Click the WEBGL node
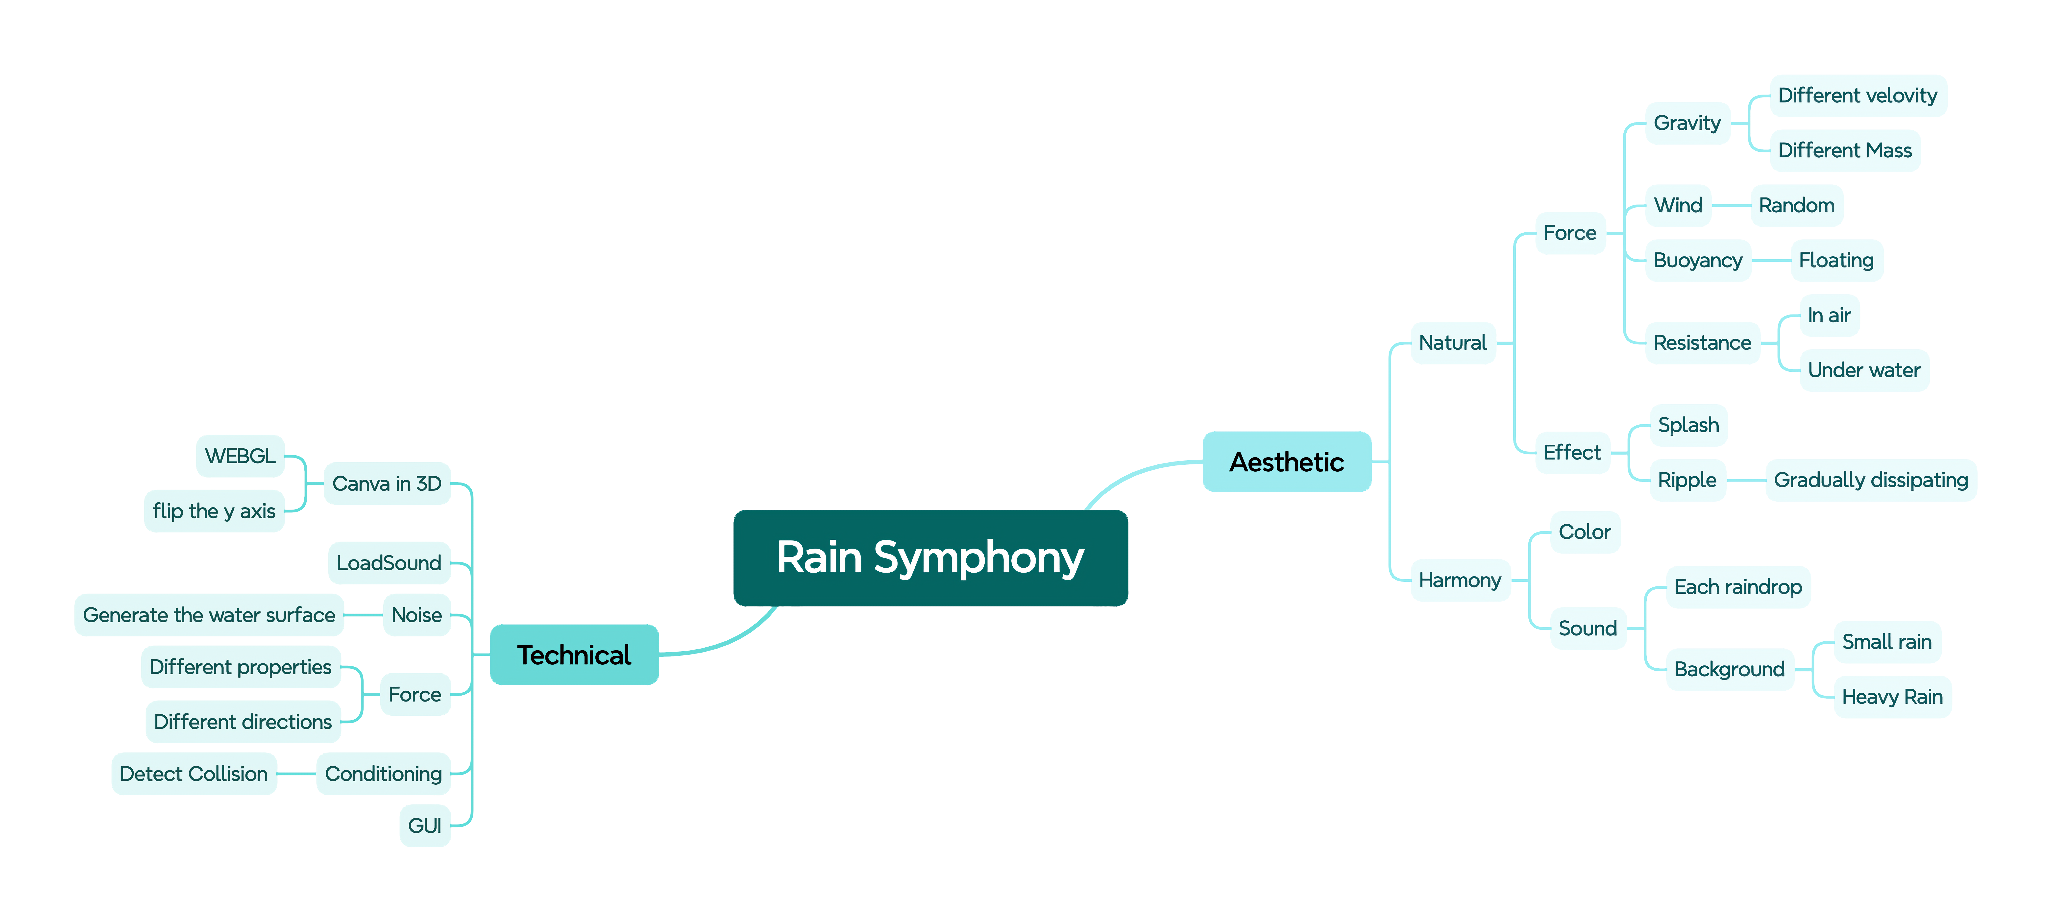click(x=240, y=456)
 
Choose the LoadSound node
click(x=389, y=563)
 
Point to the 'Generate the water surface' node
click(x=209, y=615)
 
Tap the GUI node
click(x=425, y=826)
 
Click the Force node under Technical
click(x=414, y=694)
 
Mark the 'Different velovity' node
click(x=1857, y=96)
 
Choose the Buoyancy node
click(x=1698, y=260)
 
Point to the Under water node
click(x=1863, y=370)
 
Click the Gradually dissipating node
click(x=1870, y=480)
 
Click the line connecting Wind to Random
click(x=1730, y=205)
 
